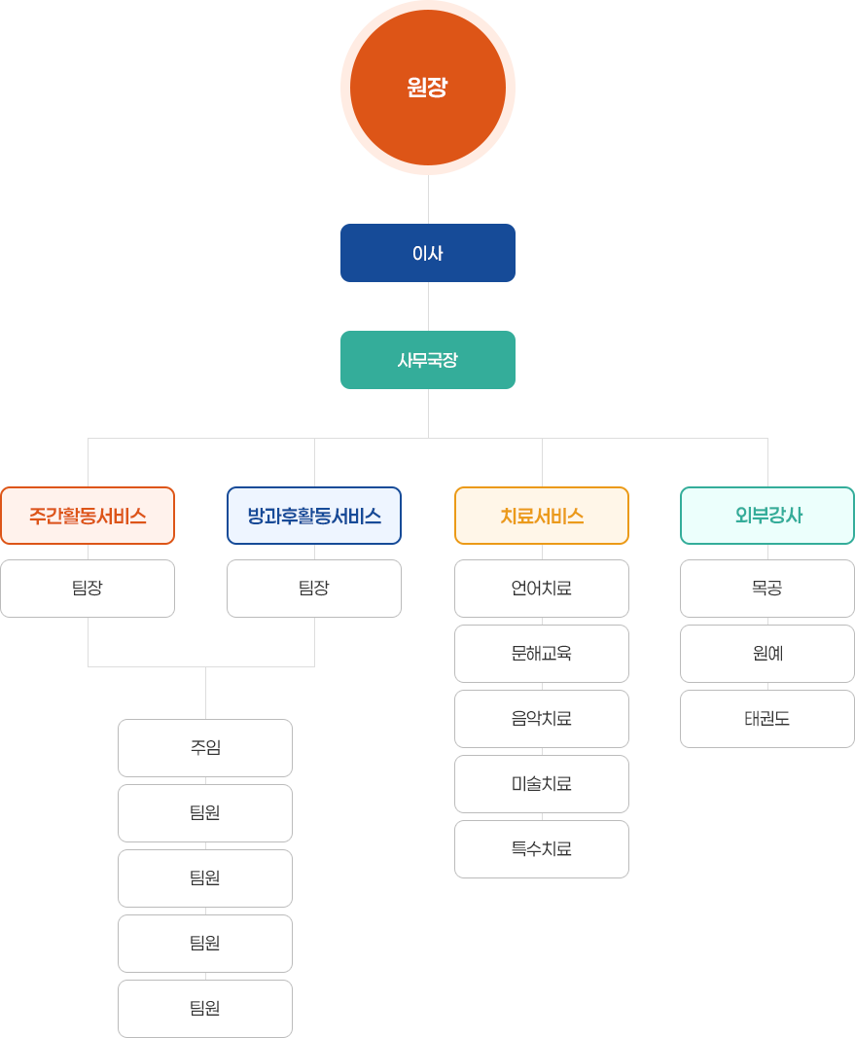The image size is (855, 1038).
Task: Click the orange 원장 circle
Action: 427,88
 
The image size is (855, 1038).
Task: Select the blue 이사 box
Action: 427,253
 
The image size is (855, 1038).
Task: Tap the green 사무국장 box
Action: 427,360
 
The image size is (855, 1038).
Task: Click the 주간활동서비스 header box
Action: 88,516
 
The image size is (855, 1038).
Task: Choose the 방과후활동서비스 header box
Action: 314,516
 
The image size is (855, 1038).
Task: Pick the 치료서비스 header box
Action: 542,516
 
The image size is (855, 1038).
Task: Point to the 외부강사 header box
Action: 767,516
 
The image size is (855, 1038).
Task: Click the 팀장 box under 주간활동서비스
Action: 88,589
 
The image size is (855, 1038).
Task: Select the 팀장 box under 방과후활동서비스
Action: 314,589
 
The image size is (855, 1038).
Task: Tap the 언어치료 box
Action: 542,589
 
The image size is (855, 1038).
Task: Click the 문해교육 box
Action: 542,654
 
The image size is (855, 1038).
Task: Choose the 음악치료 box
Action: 542,719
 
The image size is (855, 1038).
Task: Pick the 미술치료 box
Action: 542,784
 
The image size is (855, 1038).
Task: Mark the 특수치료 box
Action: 542,849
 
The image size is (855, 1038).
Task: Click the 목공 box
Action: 767,589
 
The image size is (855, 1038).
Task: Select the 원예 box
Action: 767,654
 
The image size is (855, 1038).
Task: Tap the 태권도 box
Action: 767,719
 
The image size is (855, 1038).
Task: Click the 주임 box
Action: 205,748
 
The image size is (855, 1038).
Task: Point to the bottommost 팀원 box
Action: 205,1009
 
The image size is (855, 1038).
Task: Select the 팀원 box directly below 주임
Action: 205,813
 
